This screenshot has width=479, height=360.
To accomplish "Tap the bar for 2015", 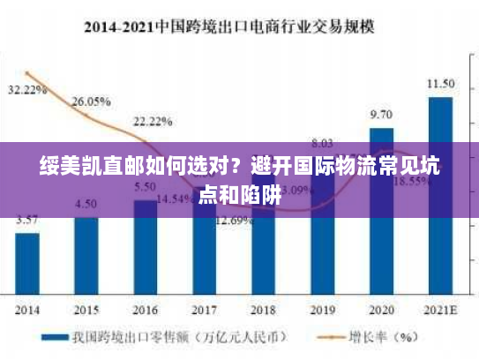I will pos(86,255).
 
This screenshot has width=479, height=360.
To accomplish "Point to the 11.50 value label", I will pos(440,84).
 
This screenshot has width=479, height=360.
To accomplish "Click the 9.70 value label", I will pos(381,115).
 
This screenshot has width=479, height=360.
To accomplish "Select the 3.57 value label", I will pos(27,220).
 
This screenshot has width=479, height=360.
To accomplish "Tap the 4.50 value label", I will pos(86,204).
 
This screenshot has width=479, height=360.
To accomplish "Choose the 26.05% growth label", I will pos(91,101).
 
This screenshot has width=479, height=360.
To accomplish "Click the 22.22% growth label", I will pos(153,120).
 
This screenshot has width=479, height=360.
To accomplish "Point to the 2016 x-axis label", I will pos(146,311).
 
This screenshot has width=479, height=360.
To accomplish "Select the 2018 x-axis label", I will pos(263,311).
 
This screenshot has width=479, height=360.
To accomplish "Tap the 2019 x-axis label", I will pos(322,311).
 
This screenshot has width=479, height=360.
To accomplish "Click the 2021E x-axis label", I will pos(440,311).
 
